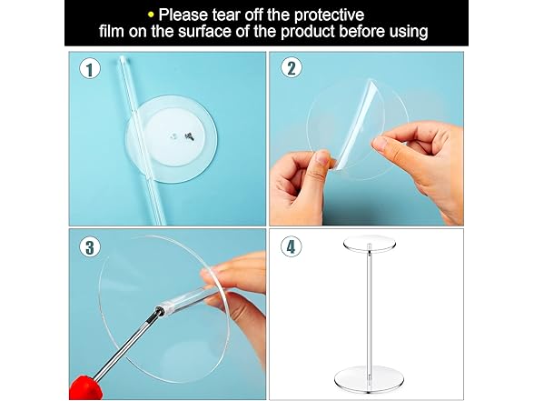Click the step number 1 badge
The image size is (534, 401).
(90, 69)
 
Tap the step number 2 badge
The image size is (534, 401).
(292, 67)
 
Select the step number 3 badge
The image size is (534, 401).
(90, 247)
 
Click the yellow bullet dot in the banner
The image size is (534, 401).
(151, 15)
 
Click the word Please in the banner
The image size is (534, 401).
(183, 15)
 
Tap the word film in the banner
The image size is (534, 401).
(112, 31)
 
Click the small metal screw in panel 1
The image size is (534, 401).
(189, 136)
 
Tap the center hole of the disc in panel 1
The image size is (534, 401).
(173, 135)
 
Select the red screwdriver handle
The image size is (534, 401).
(85, 387)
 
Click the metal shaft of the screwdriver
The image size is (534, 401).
(128, 344)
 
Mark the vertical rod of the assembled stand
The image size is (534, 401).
(369, 308)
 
